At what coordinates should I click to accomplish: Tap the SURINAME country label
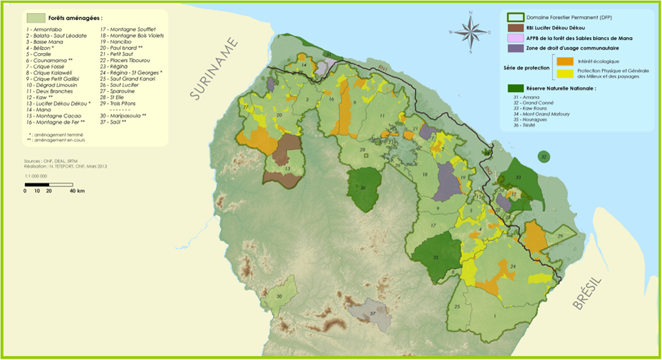[214, 69]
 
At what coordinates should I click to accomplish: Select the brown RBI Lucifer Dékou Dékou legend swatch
[515, 28]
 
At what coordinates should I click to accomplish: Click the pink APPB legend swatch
[515, 38]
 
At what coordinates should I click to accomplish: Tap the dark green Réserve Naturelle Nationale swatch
[515, 88]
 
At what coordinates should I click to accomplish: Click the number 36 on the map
[363, 188]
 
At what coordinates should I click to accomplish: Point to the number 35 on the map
[436, 257]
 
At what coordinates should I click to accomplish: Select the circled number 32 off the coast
[544, 157]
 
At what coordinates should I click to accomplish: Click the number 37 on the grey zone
[372, 313]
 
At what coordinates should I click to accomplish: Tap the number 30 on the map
[279, 296]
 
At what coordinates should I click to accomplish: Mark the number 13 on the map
[287, 168]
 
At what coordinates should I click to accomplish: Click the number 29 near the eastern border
[560, 237]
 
